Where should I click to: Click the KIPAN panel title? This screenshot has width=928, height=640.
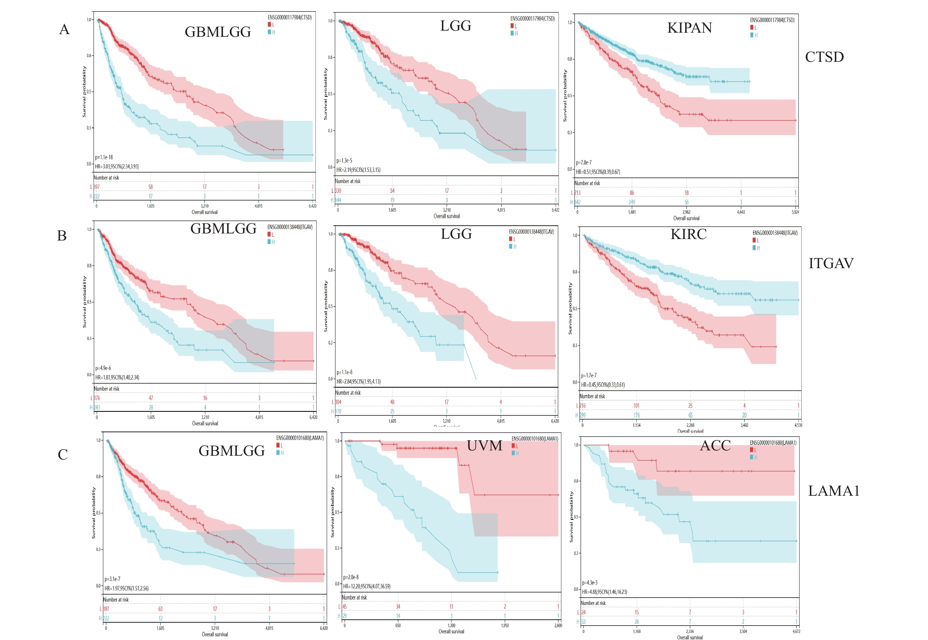[x=689, y=28]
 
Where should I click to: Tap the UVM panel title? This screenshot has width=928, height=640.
[x=484, y=445]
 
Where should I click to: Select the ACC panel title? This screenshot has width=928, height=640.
[x=715, y=445]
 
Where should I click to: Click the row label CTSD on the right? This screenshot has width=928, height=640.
[x=824, y=57]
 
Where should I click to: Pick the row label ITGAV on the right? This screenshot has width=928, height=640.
[x=831, y=263]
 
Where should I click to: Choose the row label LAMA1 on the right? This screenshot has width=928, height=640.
[x=833, y=491]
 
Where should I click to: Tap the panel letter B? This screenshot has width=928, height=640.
[x=62, y=236]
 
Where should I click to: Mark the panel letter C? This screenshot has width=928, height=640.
[x=62, y=455]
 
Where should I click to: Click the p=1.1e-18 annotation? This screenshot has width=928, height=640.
[x=104, y=157]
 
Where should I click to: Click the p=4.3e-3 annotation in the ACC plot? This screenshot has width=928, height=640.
[x=590, y=582]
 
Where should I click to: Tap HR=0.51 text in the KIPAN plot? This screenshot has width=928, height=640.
[x=598, y=172]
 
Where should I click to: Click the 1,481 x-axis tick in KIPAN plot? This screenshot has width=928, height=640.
[x=632, y=212]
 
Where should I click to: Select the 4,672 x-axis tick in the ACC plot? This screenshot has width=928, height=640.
[x=796, y=631]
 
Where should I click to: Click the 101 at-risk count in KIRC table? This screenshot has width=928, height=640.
[x=636, y=405]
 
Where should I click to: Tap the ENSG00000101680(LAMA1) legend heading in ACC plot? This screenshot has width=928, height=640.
[x=773, y=443]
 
